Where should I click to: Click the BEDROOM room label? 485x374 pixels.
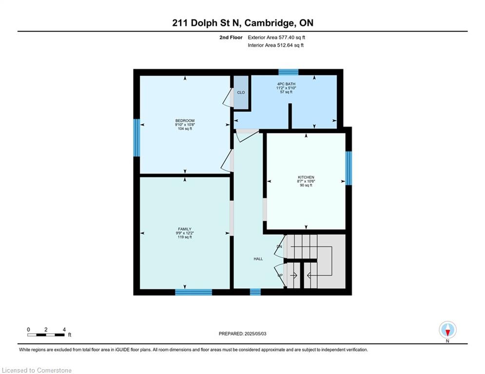click(x=185, y=121)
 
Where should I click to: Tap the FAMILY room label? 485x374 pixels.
click(x=184, y=229)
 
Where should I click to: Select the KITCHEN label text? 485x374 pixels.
click(x=306, y=177)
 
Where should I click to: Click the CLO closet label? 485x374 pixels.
click(x=241, y=92)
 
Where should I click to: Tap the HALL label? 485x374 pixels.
click(x=258, y=259)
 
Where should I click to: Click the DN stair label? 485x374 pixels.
click(x=279, y=247)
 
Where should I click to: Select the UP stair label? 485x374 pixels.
click(x=280, y=276)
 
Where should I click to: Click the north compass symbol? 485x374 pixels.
click(x=447, y=330)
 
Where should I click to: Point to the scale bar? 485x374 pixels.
click(x=46, y=335)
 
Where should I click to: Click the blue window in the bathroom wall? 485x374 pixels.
click(x=288, y=72)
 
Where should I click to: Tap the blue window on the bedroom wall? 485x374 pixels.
click(x=137, y=138)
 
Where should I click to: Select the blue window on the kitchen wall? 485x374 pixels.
click(x=349, y=168)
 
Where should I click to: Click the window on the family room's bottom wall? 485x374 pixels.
click(x=194, y=292)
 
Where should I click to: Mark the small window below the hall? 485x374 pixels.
click(x=255, y=292)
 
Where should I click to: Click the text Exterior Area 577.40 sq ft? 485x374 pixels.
click(x=276, y=37)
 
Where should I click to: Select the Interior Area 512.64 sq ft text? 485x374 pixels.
click(x=276, y=45)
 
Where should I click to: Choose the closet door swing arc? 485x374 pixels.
click(x=227, y=97)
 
